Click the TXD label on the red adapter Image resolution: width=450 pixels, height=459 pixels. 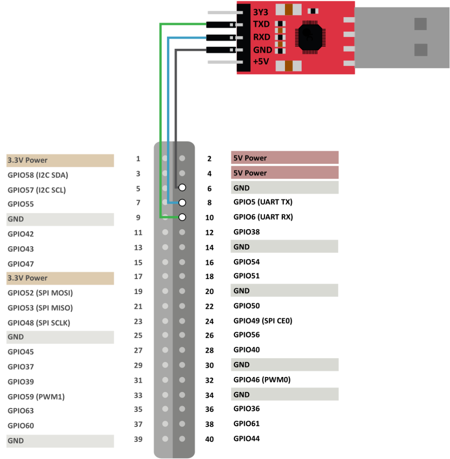261,24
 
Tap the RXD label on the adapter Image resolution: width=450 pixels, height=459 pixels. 261,37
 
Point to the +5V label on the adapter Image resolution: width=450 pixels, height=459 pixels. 261,62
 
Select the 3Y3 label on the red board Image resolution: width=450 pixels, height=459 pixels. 260,12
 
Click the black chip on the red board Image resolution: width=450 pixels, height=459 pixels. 310,37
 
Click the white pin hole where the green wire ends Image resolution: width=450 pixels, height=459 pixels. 182,217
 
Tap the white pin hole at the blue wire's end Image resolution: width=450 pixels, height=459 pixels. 182,202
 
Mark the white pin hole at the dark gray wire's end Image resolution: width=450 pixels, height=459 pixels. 182,187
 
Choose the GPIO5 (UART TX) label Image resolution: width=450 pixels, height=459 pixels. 263,202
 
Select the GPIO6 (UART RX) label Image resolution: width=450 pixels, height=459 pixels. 263,217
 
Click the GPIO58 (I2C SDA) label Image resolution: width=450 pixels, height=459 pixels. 38,175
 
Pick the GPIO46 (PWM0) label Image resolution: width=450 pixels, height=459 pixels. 262,380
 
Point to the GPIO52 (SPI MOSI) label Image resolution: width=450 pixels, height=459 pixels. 40,293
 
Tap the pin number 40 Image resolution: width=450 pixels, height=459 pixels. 209,439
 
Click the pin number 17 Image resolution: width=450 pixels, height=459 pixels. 138,276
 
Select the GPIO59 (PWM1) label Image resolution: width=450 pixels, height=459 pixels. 36,397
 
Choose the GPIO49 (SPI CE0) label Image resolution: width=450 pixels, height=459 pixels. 263,321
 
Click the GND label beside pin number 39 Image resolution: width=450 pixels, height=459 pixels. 16,441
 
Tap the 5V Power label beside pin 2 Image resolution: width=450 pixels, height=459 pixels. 250,158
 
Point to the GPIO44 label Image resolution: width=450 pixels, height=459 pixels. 247,439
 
